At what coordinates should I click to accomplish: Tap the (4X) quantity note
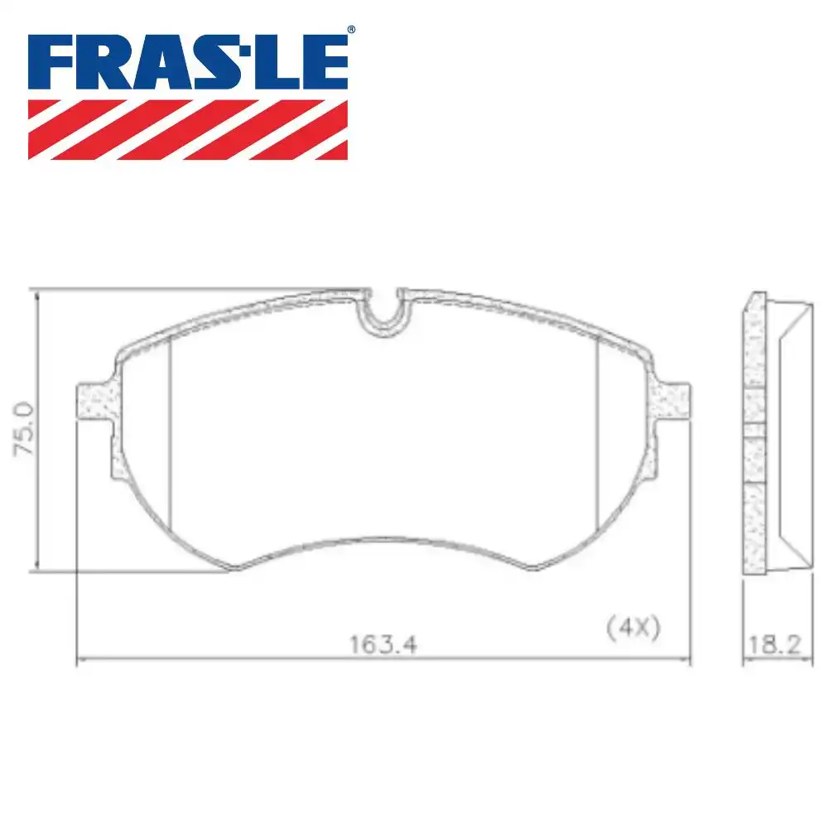(x=633, y=628)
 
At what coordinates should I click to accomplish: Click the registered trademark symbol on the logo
(x=350, y=31)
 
